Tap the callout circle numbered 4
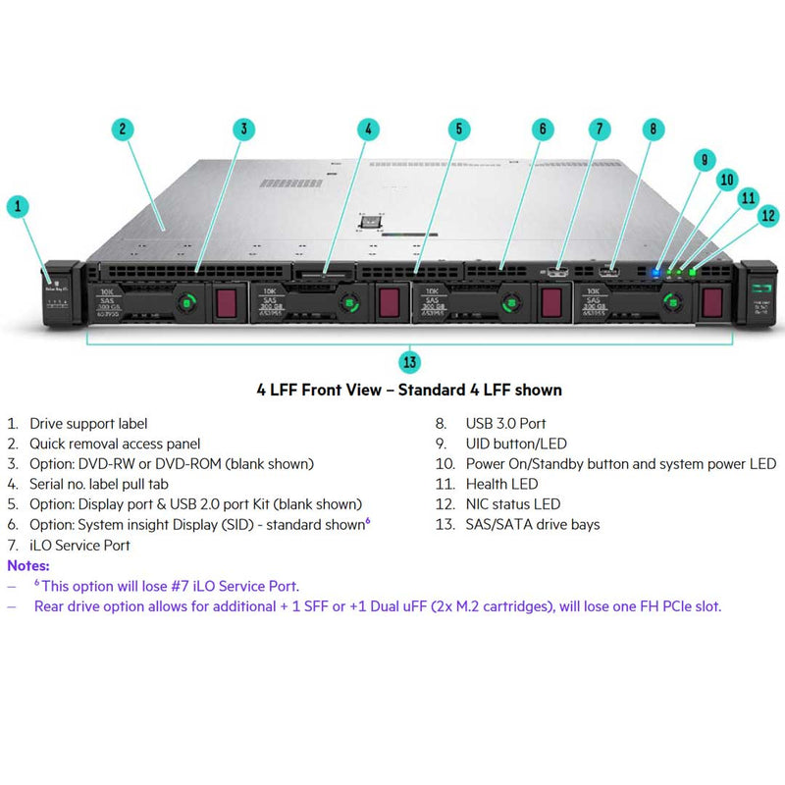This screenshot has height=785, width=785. pyautogui.click(x=367, y=129)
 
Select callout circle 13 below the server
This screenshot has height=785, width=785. pyautogui.click(x=410, y=362)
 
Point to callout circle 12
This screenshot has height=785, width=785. pyautogui.click(x=767, y=215)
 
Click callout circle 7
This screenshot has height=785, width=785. pyautogui.click(x=600, y=129)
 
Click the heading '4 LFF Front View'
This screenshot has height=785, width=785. pyautogui.click(x=408, y=391)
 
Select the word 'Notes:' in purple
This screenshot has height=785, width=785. pyautogui.click(x=28, y=565)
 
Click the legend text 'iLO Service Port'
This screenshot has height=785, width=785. pyautogui.click(x=80, y=545)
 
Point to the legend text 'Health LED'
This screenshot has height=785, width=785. pyautogui.click(x=501, y=484)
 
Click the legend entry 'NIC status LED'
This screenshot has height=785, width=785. pyautogui.click(x=513, y=504)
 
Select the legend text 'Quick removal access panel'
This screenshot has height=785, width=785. pyautogui.click(x=115, y=444)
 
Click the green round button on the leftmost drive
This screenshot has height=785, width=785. pyautogui.click(x=183, y=303)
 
